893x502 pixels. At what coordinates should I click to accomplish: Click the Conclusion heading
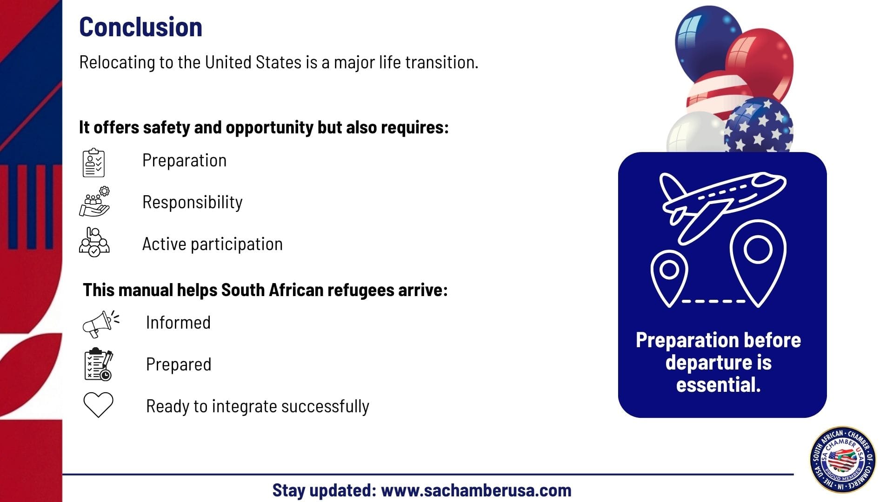(140, 27)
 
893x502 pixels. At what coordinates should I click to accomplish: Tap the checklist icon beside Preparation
(93, 163)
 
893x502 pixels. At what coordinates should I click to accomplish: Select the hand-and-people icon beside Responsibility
(94, 202)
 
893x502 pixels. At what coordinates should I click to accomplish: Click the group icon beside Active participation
(94, 242)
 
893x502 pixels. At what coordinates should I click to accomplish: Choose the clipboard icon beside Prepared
(99, 364)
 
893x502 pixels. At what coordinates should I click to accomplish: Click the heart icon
(98, 405)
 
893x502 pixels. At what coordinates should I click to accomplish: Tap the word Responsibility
(193, 202)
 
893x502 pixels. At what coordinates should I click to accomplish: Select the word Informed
(178, 322)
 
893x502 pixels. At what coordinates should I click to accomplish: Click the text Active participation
(213, 244)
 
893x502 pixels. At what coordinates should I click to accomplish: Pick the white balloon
(695, 132)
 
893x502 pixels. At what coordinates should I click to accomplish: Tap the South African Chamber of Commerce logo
(843, 460)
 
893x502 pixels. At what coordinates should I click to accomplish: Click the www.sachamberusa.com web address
(476, 490)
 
